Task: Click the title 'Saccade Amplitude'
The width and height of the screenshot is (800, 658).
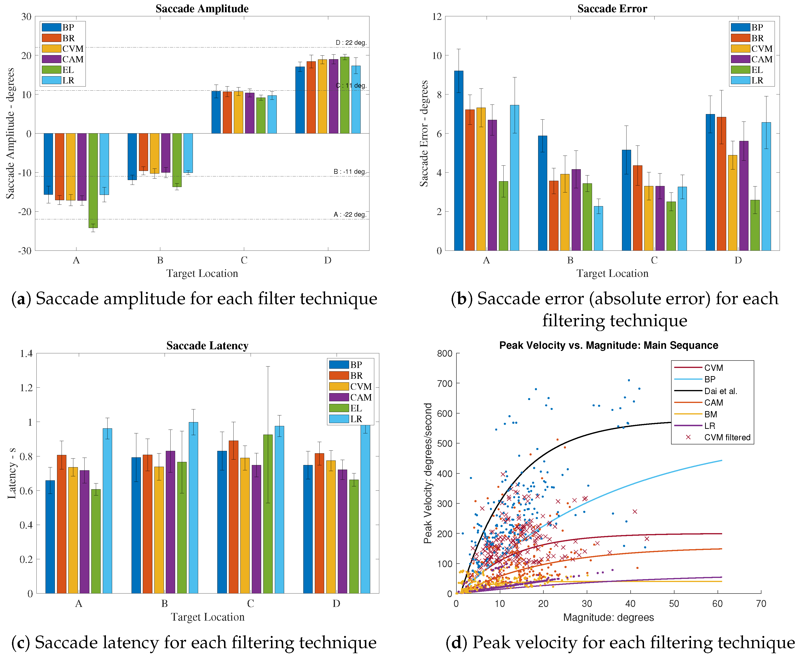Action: click(x=202, y=9)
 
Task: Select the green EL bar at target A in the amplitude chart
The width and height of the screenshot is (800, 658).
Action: click(x=93, y=181)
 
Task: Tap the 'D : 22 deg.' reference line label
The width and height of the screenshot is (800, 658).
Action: click(x=351, y=42)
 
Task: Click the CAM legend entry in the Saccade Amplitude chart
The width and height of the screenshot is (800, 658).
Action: click(x=63, y=59)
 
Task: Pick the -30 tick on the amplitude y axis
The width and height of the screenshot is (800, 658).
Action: click(x=27, y=250)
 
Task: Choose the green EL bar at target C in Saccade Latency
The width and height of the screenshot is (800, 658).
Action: click(x=268, y=514)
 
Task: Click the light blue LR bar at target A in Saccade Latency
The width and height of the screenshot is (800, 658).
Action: click(x=107, y=511)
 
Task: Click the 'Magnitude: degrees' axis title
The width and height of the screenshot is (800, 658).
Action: click(x=608, y=617)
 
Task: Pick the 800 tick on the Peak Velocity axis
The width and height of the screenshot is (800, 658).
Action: click(x=445, y=354)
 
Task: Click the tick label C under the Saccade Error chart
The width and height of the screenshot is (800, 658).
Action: click(x=654, y=260)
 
